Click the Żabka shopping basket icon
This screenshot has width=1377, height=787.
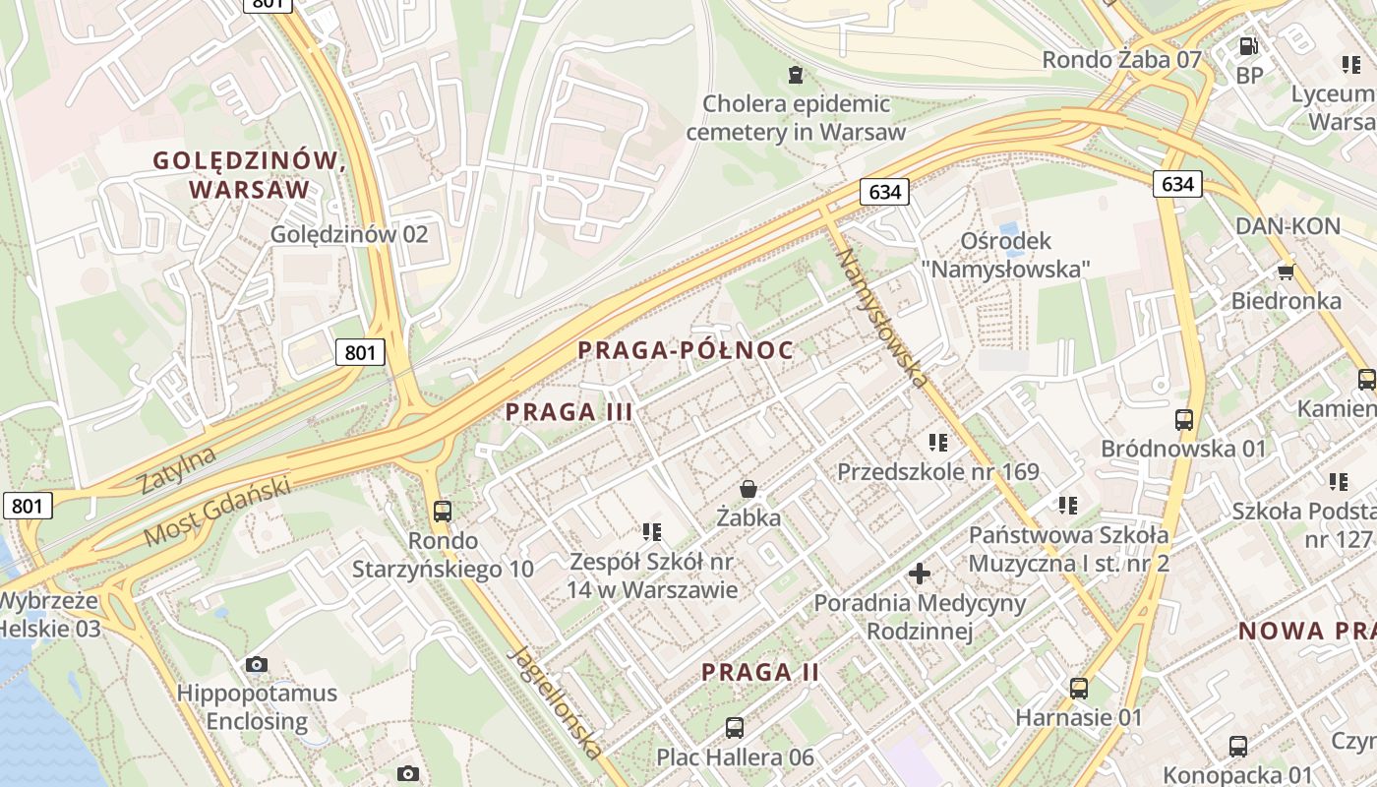(748, 488)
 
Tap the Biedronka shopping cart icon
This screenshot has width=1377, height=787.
(1286, 272)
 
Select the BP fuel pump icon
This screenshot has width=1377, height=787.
(1248, 45)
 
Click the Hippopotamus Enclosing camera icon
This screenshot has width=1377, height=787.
(257, 664)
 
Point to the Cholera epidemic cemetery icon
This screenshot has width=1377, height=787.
(795, 74)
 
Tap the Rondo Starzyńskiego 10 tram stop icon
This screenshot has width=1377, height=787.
(443, 511)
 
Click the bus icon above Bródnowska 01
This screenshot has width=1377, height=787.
(1184, 419)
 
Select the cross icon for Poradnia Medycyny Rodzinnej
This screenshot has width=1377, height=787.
(919, 573)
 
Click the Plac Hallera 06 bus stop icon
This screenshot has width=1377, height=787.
(735, 728)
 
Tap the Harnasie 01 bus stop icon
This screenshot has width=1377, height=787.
(1079, 688)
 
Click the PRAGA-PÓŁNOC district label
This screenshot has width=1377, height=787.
(686, 349)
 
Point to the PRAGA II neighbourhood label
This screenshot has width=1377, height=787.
(760, 673)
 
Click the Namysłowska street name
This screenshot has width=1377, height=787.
(883, 317)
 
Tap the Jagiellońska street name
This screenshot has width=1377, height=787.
(557, 702)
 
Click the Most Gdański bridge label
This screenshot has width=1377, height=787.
(217, 512)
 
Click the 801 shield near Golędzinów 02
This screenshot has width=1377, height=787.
(360, 351)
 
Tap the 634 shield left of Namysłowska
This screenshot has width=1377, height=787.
(884, 192)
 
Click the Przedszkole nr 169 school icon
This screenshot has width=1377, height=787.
(937, 443)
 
